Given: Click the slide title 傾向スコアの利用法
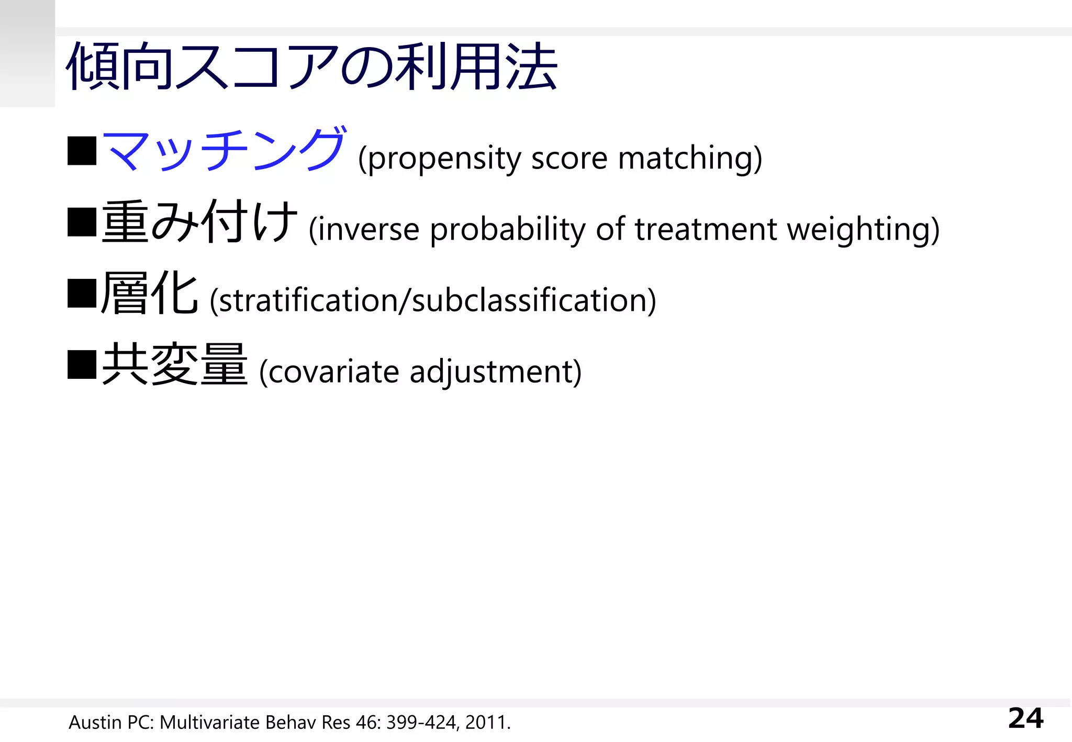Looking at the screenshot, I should point(311,67).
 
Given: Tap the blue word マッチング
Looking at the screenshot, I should point(224,150).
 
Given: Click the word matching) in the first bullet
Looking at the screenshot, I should point(690,159).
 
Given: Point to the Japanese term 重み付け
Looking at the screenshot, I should point(199,222).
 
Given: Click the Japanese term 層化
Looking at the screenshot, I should point(149,293).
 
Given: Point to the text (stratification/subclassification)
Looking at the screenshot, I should point(432,300).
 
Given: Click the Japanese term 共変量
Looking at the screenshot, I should point(174,365).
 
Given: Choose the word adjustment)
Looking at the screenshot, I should point(495,372).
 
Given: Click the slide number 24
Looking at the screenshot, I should point(1025,718).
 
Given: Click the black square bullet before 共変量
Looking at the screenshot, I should point(82,365).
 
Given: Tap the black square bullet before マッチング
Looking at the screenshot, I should point(82,151).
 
